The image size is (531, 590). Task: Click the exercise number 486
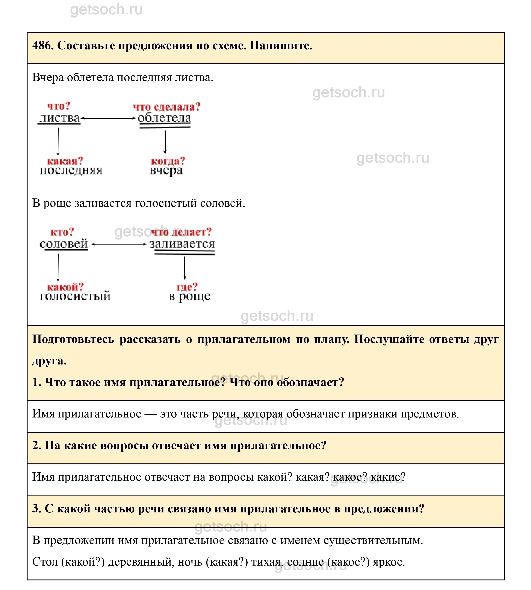click(42, 46)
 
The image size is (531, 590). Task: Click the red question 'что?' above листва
click(59, 106)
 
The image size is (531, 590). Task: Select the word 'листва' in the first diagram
click(59, 118)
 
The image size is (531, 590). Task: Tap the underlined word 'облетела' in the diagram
click(165, 118)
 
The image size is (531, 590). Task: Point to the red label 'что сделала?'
click(167, 107)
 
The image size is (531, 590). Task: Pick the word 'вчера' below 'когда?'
click(166, 171)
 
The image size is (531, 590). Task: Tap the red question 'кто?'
click(62, 232)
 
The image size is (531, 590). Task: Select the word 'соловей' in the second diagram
click(64, 244)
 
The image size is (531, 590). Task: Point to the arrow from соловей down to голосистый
click(58, 268)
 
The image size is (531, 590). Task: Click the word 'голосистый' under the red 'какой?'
click(75, 296)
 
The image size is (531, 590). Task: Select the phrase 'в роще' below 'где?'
click(189, 296)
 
